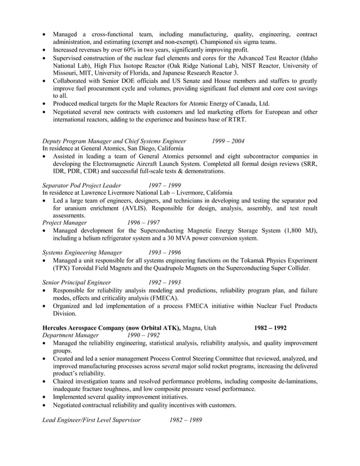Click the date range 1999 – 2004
point(229,141)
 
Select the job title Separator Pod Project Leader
point(82,184)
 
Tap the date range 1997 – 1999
point(165,184)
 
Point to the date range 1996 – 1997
point(143,222)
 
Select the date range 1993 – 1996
point(165,252)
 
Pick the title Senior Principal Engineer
point(76,282)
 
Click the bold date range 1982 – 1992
point(270,327)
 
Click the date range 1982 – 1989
point(186,420)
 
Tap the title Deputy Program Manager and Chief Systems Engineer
point(115,141)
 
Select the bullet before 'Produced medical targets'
point(45,103)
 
